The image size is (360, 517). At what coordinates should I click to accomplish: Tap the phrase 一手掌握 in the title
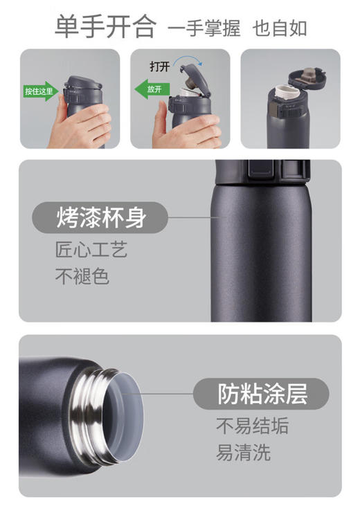204,28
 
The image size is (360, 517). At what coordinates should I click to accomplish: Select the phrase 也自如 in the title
279,28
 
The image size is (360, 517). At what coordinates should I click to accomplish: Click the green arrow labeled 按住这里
41,91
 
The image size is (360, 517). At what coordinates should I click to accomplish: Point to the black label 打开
160,67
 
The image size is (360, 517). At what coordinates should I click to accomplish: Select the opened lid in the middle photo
191,75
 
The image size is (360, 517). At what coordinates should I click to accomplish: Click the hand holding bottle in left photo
87,125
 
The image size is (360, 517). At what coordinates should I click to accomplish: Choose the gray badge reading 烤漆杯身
100,219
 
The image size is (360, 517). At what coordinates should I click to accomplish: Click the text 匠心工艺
91,251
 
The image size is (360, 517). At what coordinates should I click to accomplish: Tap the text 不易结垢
252,426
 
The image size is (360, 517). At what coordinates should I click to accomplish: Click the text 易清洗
243,453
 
